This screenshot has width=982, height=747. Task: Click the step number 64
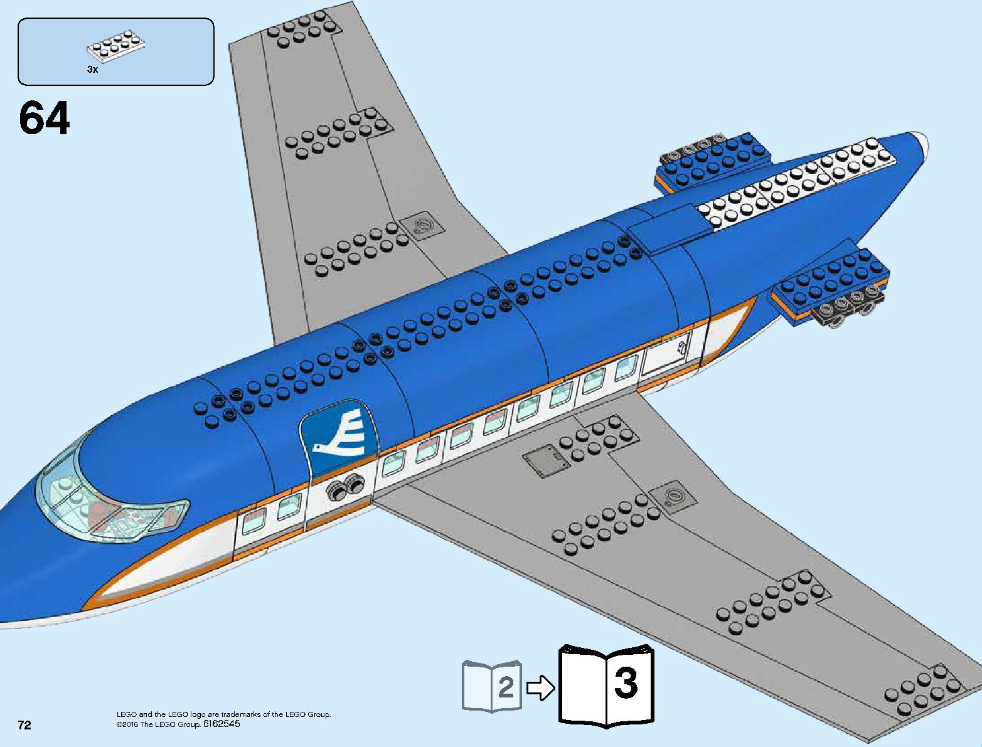(x=44, y=119)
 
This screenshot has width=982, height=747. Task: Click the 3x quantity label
(x=92, y=70)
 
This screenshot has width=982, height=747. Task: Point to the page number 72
(x=24, y=725)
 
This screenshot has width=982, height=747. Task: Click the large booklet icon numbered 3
(x=606, y=685)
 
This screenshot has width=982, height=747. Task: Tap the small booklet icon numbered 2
(x=492, y=686)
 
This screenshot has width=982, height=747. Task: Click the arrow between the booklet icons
(x=540, y=688)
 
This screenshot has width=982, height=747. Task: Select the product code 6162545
(x=221, y=724)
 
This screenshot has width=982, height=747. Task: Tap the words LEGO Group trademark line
(x=223, y=714)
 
